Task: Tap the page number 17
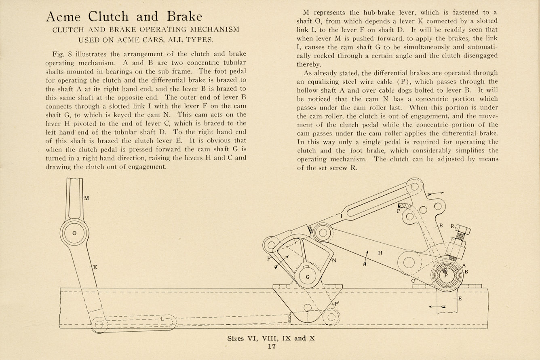pyautogui.click(x=271, y=346)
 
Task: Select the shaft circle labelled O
pyautogui.click(x=74, y=233)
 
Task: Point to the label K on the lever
pyautogui.click(x=95, y=267)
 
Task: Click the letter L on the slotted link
pyautogui.click(x=162, y=319)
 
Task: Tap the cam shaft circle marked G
pyautogui.click(x=308, y=277)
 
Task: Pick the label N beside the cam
pyautogui.click(x=334, y=260)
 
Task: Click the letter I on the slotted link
pyautogui.click(x=342, y=217)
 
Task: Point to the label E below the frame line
pyautogui.click(x=460, y=299)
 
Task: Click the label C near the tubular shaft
pyautogui.click(x=413, y=280)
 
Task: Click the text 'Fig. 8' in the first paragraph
pyautogui.click(x=63, y=54)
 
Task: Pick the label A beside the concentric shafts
pyautogui.click(x=464, y=266)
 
